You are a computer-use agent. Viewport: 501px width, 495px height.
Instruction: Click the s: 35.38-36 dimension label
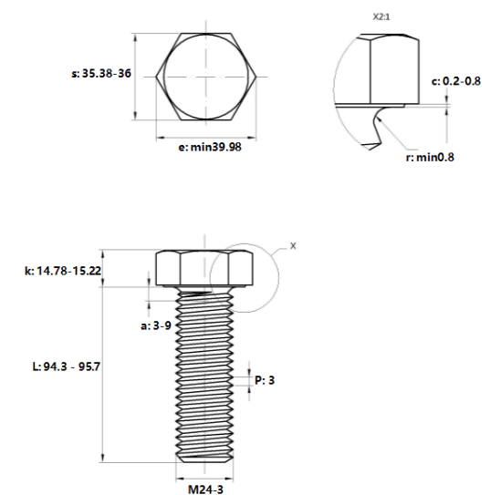click(x=101, y=74)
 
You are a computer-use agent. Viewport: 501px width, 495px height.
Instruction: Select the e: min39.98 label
click(x=210, y=147)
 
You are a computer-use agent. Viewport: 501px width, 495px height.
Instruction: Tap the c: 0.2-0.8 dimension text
click(x=456, y=81)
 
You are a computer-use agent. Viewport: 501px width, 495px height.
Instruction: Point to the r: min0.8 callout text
click(x=430, y=158)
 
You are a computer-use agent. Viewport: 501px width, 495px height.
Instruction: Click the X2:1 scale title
click(x=381, y=17)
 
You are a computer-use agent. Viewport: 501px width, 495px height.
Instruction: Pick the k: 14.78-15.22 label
click(x=63, y=271)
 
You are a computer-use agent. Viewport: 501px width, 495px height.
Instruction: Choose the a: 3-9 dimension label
click(x=156, y=325)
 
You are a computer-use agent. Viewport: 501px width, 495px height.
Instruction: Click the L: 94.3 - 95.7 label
click(x=67, y=366)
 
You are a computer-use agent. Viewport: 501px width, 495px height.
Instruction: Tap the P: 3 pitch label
click(x=265, y=380)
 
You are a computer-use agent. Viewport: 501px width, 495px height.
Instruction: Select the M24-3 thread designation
click(x=205, y=490)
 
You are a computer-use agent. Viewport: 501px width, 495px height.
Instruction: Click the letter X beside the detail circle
click(x=293, y=246)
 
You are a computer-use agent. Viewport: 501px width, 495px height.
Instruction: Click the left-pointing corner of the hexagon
click(x=156, y=77)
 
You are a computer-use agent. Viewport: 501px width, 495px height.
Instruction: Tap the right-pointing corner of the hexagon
click(x=256, y=77)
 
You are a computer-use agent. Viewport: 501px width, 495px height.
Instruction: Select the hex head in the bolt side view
click(x=204, y=268)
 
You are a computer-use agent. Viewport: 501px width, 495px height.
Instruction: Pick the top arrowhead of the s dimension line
click(x=135, y=37)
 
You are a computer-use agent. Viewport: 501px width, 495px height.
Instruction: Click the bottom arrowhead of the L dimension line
click(x=102, y=458)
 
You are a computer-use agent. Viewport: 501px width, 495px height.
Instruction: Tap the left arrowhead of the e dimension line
click(x=161, y=138)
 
